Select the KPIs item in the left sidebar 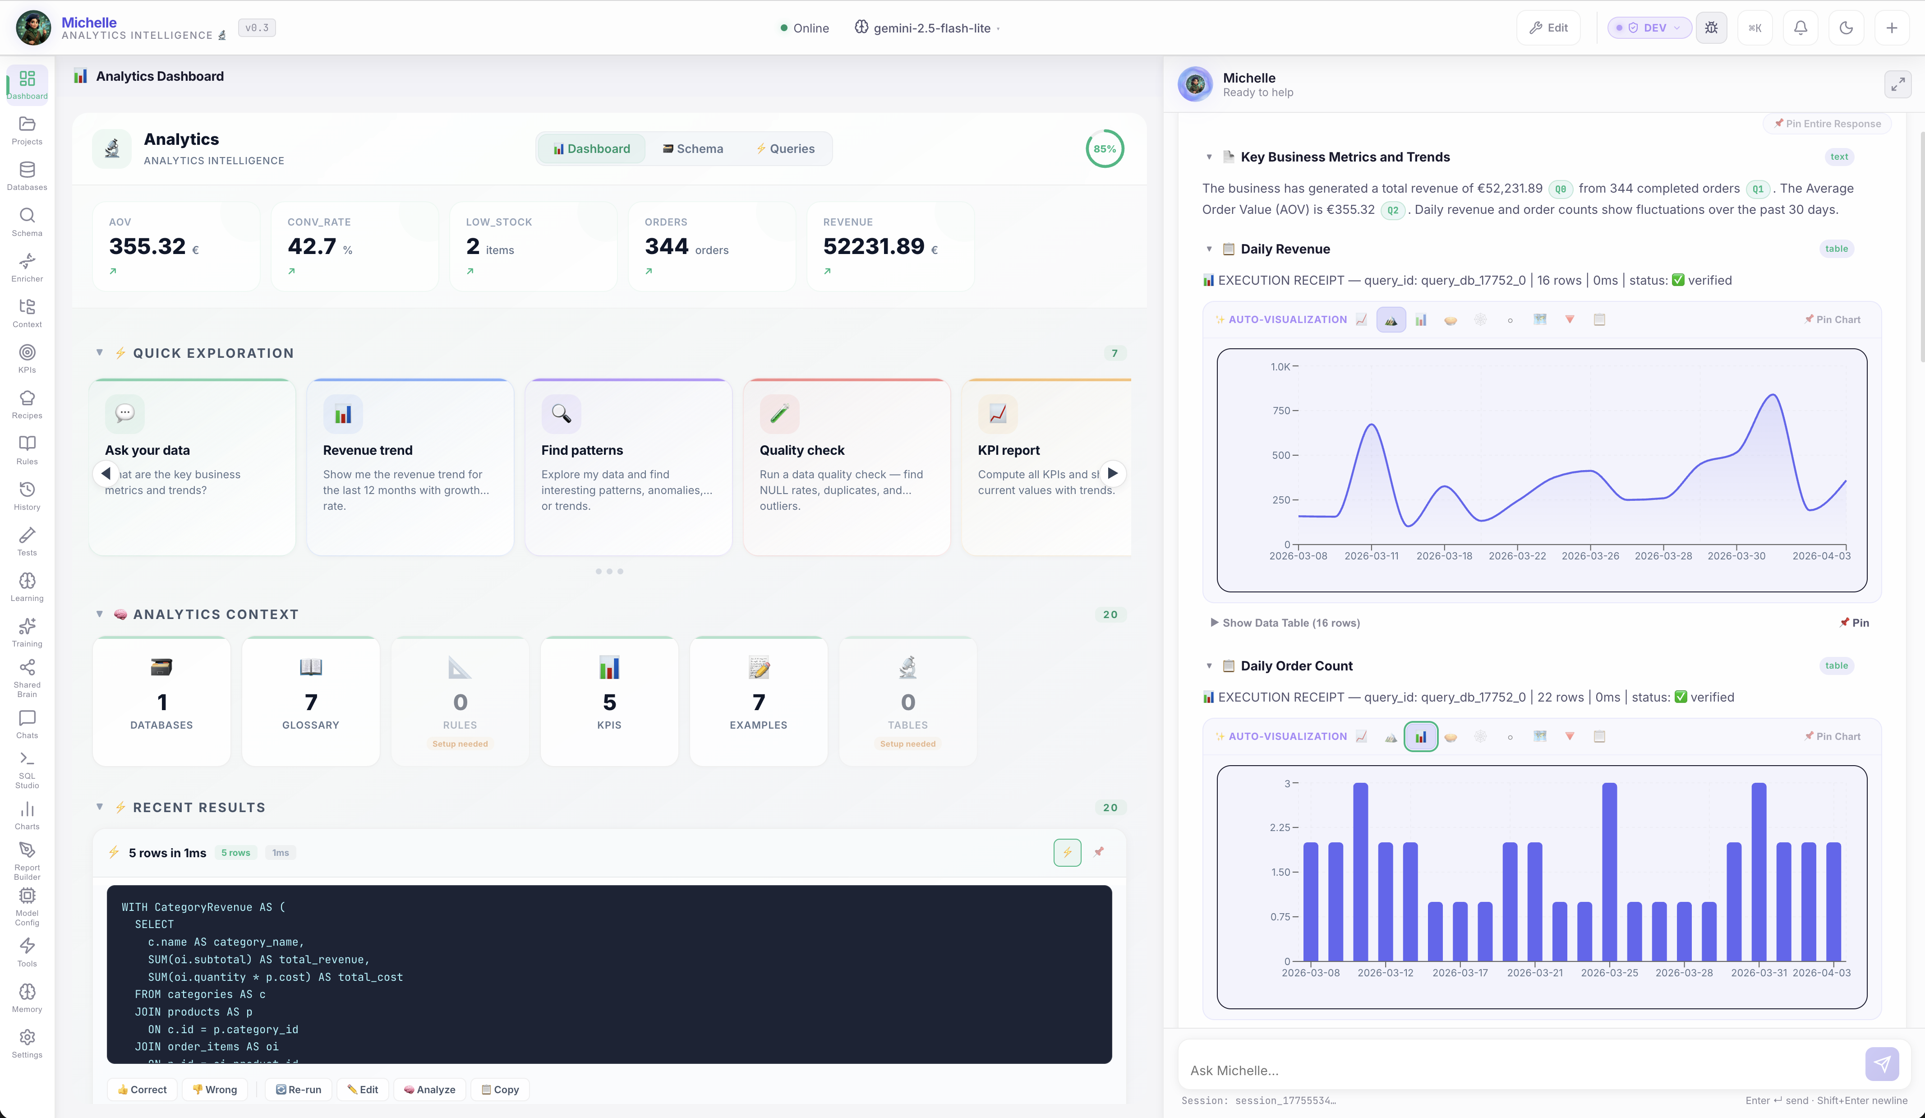pos(27,358)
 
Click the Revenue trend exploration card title pos(368,450)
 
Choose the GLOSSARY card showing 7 pos(310,701)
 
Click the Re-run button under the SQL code pos(299,1089)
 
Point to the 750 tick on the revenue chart pos(1281,411)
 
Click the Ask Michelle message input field pos(1520,1070)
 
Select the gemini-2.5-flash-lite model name pos(931,28)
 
